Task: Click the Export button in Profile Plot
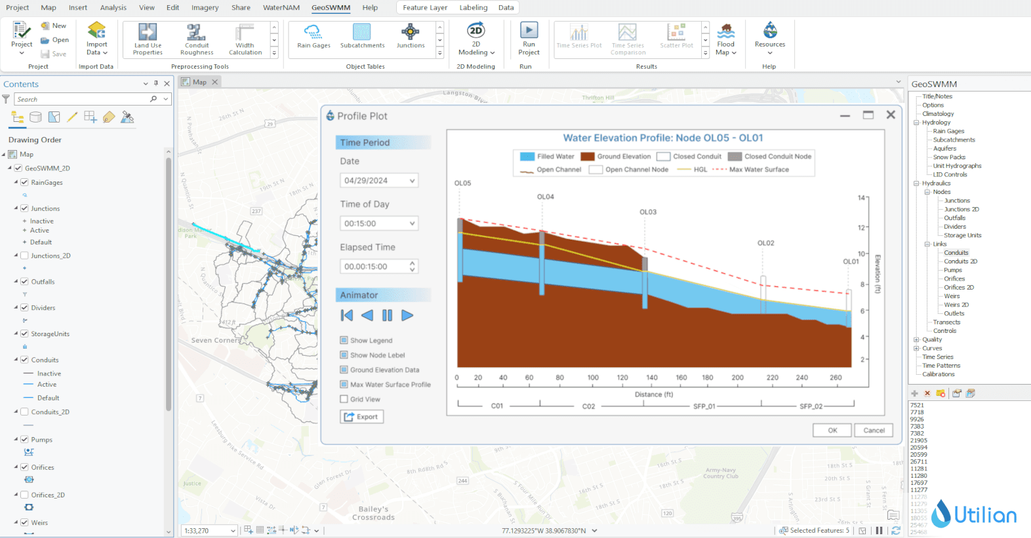361,417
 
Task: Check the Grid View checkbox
344,399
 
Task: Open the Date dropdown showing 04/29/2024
379,180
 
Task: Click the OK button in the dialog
832,431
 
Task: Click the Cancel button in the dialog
874,431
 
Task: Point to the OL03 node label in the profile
647,212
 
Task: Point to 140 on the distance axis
651,377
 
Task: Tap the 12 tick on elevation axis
862,228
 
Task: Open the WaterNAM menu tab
281,8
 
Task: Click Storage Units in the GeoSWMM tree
962,235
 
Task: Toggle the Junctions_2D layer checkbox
24,256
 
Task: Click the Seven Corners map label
215,340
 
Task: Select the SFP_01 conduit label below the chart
704,406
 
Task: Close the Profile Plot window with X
890,115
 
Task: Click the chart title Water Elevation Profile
662,138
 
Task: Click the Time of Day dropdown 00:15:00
379,223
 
